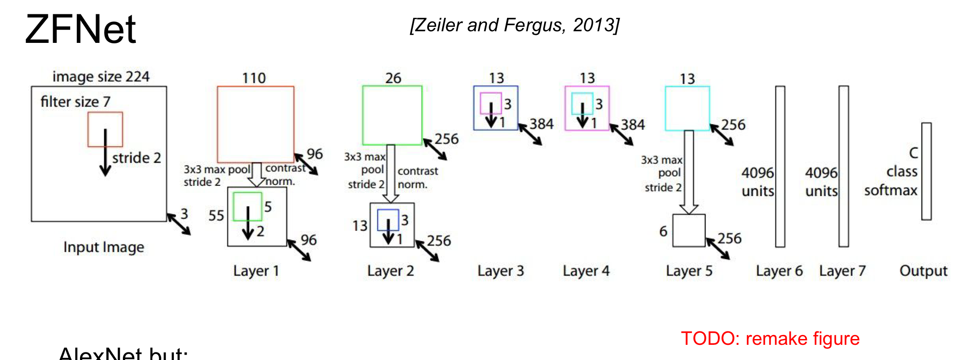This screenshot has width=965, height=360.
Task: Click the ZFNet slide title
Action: point(80,29)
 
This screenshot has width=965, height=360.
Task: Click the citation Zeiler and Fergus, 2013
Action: point(515,25)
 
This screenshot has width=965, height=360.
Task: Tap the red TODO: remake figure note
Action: point(770,339)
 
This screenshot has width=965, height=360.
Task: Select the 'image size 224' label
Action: point(101,77)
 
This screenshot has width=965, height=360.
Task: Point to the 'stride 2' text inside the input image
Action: point(136,158)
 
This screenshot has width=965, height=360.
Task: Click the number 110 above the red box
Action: point(254,78)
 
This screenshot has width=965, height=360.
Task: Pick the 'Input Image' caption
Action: point(104,247)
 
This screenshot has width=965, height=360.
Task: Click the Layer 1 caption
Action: point(256,271)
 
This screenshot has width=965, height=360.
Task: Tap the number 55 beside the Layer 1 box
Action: point(216,216)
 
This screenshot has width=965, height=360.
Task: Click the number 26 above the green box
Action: point(393,78)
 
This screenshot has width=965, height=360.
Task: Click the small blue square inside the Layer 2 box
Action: point(388,215)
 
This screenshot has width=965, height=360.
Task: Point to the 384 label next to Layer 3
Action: point(541,124)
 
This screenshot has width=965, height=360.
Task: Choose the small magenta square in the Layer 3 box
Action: point(491,99)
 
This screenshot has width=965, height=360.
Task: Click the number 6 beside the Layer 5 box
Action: point(663,231)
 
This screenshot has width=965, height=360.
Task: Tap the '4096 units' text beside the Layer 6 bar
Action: point(758,182)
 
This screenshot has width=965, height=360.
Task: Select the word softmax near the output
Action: point(890,190)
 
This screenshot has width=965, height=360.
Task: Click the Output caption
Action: point(923,271)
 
